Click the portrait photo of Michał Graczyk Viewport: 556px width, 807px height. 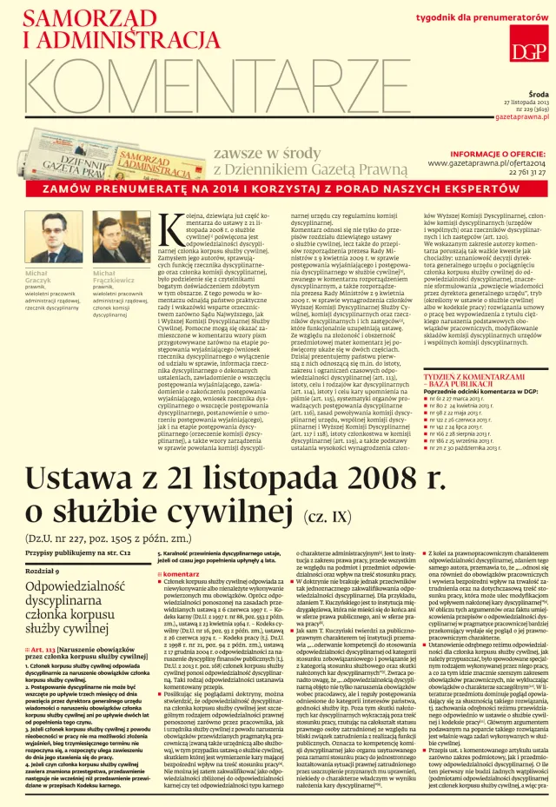click(50, 238)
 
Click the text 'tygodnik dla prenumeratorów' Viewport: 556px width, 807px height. click(479, 18)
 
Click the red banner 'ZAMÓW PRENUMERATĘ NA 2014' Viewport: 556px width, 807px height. click(278, 189)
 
